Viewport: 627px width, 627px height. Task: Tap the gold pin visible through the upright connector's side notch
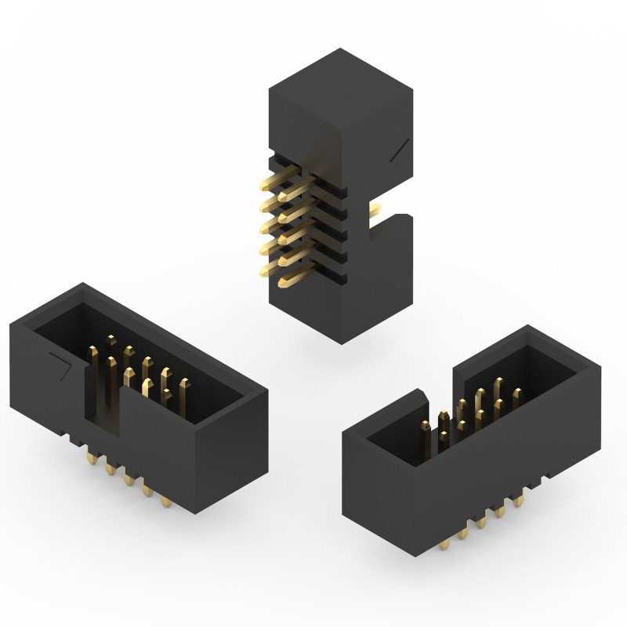pyautogui.click(x=376, y=210)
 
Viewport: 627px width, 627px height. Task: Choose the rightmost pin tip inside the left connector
pyautogui.click(x=184, y=384)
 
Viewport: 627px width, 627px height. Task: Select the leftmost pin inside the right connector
pyautogui.click(x=424, y=427)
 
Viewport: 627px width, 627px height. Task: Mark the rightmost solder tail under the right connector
pyautogui.click(x=518, y=498)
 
